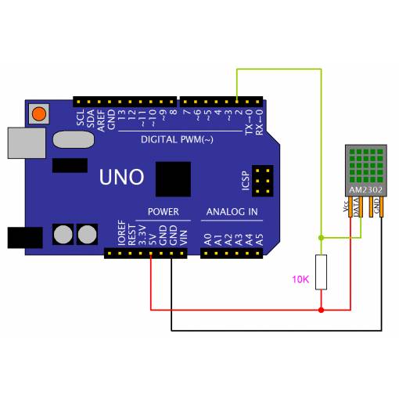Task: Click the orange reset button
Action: tap(39, 114)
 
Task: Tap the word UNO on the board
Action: tap(121, 177)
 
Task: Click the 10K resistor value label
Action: tap(300, 279)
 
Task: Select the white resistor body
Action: tap(321, 272)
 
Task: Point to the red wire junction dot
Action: tap(321, 310)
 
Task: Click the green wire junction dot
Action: tap(321, 238)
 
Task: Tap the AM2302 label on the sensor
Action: tap(366, 189)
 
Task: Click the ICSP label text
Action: tap(246, 181)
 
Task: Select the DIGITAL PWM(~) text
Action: tap(177, 139)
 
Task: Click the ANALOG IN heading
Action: tap(232, 212)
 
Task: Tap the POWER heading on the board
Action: tap(164, 212)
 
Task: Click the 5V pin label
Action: tap(153, 239)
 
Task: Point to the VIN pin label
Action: tap(184, 238)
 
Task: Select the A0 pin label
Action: tap(208, 239)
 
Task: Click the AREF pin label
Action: tap(101, 120)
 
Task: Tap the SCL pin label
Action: tap(81, 117)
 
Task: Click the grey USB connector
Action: tap(27, 143)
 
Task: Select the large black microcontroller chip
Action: tap(173, 179)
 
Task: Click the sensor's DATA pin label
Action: tap(356, 207)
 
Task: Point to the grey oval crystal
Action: tap(74, 139)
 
